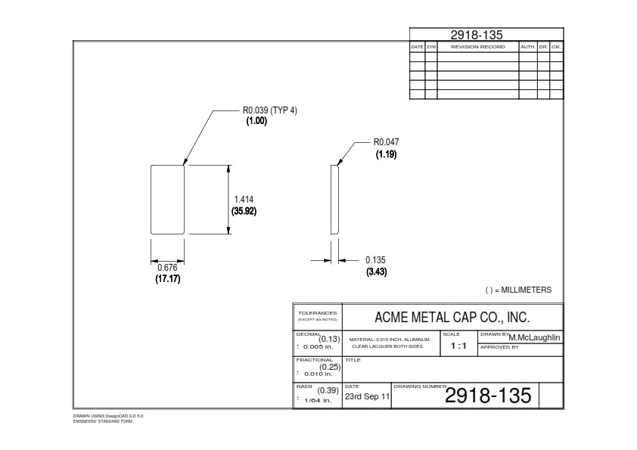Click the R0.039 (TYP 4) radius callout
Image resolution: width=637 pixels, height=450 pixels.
click(x=269, y=110)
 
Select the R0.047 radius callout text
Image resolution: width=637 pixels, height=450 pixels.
click(x=386, y=141)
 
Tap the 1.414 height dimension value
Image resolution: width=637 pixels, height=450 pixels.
click(x=244, y=199)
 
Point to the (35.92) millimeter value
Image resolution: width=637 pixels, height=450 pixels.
click(x=244, y=211)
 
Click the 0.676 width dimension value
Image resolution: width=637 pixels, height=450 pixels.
click(x=167, y=268)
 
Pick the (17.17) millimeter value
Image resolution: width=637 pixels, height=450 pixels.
click(x=167, y=279)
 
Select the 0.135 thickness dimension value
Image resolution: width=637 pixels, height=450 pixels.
click(x=375, y=260)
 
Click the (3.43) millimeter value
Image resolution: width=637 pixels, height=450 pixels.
click(x=376, y=272)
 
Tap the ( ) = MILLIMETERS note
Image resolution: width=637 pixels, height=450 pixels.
click(x=518, y=290)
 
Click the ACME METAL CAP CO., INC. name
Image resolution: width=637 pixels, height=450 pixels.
click(x=452, y=316)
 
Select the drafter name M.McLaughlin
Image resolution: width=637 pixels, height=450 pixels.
click(x=535, y=337)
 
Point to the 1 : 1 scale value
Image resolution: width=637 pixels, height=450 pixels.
click(x=458, y=346)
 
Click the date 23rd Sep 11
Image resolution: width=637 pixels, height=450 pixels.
click(x=368, y=396)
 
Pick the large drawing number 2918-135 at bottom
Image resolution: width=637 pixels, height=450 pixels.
click(x=488, y=395)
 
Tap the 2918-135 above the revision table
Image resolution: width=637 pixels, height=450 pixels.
click(x=477, y=34)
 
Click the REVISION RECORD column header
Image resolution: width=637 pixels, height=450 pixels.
click(x=477, y=47)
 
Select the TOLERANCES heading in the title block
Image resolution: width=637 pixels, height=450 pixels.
click(x=317, y=313)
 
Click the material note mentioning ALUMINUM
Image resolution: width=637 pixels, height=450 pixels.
click(x=390, y=340)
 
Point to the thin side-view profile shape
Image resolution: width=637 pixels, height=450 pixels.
click(x=334, y=199)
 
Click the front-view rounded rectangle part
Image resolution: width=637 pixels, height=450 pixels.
click(x=168, y=199)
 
